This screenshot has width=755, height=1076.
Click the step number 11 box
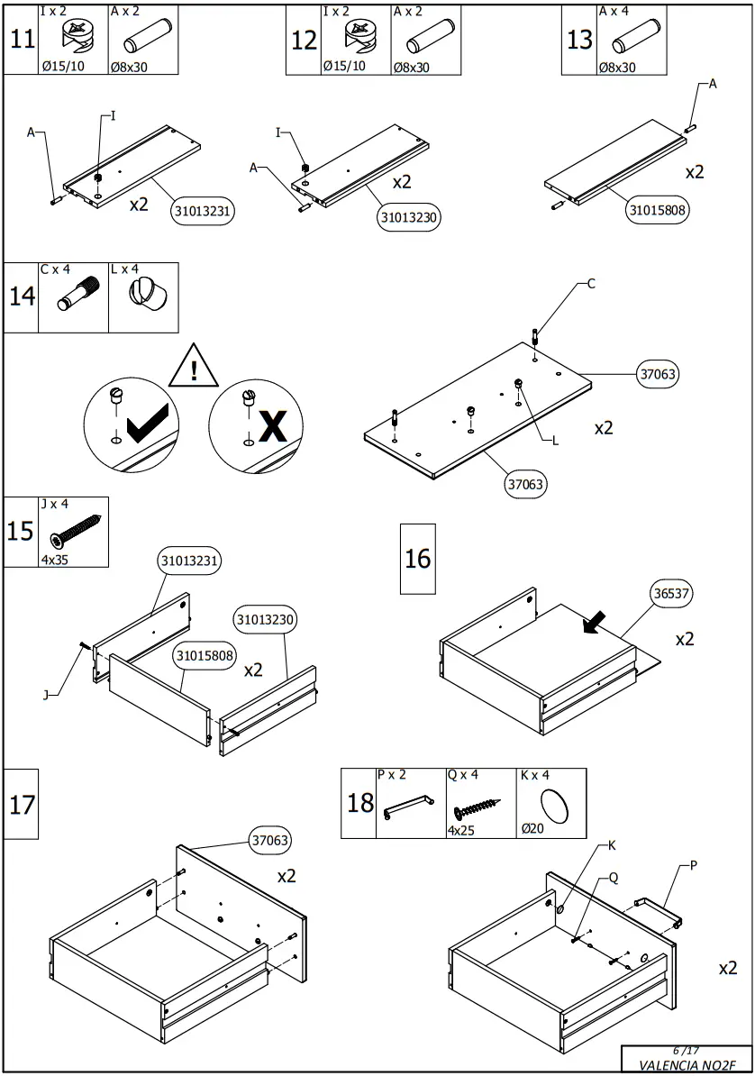[23, 40]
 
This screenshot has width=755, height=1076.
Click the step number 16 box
[417, 559]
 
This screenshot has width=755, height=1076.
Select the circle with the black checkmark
[132, 419]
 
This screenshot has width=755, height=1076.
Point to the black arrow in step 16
[596, 622]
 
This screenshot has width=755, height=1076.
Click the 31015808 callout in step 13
[657, 211]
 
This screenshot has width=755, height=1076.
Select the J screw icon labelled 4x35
[77, 531]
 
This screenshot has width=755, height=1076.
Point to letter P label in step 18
[694, 864]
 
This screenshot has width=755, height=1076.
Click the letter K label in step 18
[612, 845]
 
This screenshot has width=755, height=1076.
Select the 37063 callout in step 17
[270, 841]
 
